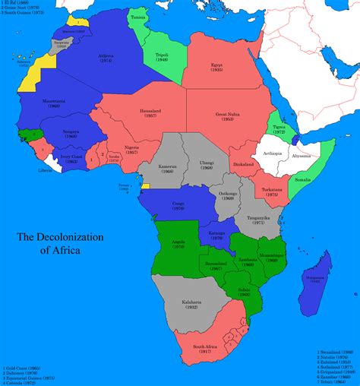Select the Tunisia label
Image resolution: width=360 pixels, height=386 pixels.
[x=138, y=17]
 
